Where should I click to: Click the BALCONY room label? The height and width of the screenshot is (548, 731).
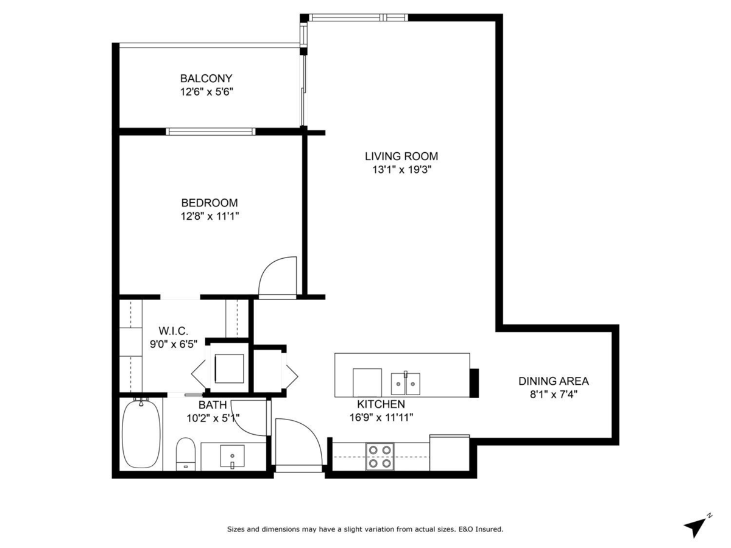[x=206, y=79]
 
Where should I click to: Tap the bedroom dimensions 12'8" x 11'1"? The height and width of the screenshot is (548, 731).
[x=210, y=217]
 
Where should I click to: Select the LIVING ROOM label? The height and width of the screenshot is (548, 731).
[x=401, y=156]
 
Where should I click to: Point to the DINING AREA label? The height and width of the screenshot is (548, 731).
[x=554, y=381]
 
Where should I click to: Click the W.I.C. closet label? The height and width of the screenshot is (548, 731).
[x=173, y=331]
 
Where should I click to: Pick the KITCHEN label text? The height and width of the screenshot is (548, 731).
[x=381, y=404]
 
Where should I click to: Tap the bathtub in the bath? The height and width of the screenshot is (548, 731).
[x=141, y=434]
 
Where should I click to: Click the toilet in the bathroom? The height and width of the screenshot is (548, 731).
[x=186, y=454]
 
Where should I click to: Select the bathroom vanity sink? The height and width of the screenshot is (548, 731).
[x=232, y=456]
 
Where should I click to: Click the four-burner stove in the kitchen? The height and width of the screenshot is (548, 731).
[x=380, y=457]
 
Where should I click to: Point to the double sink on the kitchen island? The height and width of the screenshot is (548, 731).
[x=405, y=384]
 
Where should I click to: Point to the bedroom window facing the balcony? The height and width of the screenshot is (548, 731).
[x=211, y=132]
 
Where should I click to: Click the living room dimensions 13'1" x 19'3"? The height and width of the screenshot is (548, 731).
[x=401, y=170]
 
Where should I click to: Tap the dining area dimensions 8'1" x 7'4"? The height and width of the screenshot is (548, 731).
[x=554, y=395]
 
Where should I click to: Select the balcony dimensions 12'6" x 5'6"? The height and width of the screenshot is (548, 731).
[x=207, y=92]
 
